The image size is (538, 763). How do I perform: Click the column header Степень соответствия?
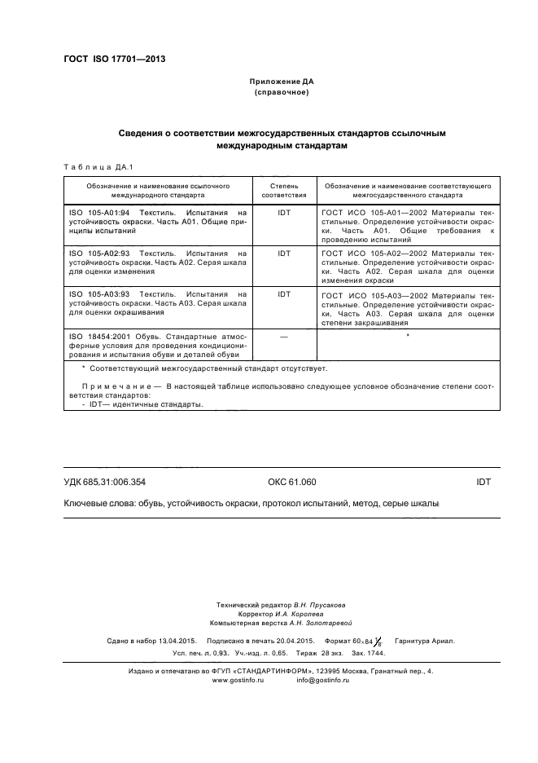(284, 191)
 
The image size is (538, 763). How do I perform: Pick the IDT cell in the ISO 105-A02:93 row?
(284, 254)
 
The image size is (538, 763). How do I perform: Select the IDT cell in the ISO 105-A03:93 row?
(284, 293)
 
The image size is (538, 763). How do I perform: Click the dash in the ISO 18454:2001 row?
(284, 335)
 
